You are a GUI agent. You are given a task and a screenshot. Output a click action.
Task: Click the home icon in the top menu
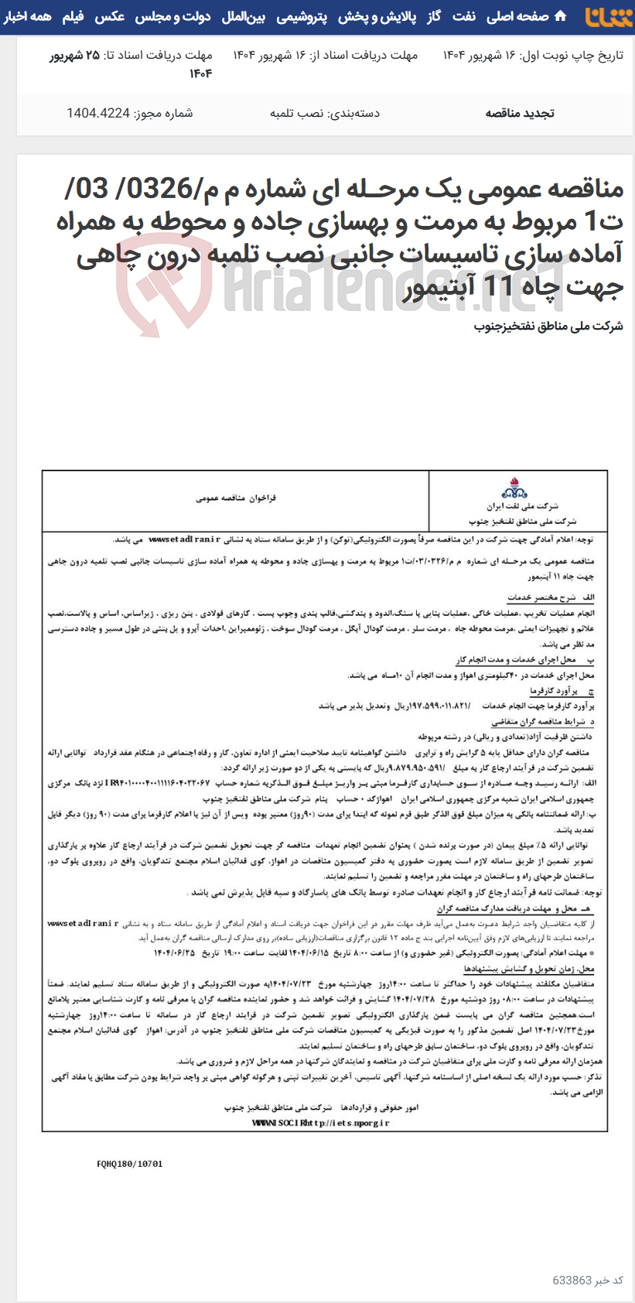[x=561, y=16]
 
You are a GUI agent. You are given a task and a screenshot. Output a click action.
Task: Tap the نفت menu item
[x=464, y=16]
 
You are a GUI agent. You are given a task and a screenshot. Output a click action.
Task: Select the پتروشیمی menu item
[x=302, y=16]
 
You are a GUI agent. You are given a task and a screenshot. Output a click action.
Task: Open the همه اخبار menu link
[x=27, y=16]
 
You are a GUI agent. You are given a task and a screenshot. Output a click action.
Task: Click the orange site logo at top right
[x=609, y=16]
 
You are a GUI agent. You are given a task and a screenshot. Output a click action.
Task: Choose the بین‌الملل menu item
[x=244, y=16]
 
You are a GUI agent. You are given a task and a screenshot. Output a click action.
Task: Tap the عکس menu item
[x=110, y=16]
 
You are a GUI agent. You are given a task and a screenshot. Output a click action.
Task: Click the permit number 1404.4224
[x=98, y=113]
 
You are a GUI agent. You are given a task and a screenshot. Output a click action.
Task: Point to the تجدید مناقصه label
[x=520, y=113]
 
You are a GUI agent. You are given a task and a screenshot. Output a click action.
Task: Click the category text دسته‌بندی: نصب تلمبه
[x=325, y=113]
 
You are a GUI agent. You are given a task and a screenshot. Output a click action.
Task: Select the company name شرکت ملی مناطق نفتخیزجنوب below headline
[x=548, y=326]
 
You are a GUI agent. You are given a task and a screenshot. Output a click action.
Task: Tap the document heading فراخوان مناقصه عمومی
[x=236, y=498]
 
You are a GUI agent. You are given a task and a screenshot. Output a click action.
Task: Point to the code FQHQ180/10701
[x=130, y=1163]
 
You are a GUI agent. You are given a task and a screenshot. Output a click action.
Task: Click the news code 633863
[x=572, y=1281]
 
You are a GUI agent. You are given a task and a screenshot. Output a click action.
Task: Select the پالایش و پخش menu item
[x=378, y=16]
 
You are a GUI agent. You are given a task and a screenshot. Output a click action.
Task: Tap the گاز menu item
[x=434, y=16]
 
